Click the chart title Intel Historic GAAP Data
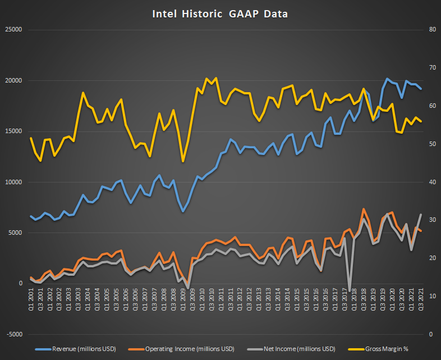[x=220, y=13]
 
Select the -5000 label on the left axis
[x=13, y=334]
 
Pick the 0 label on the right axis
[x=430, y=334]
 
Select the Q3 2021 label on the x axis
[x=421, y=299]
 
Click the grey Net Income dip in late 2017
[x=350, y=290]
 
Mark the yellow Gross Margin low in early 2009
[x=183, y=162]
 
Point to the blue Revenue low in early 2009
[x=183, y=211]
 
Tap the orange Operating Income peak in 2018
[x=364, y=209]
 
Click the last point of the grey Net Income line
[x=421, y=215]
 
